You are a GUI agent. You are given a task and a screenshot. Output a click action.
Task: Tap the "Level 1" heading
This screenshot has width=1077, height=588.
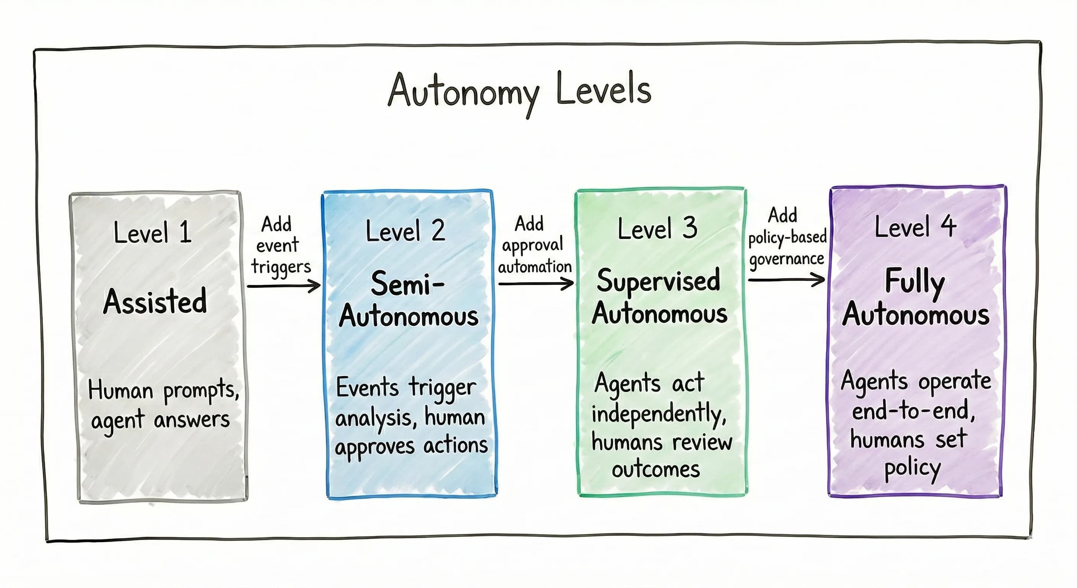coord(153,233)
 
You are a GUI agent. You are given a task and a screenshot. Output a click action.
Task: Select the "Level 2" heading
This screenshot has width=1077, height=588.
coord(405,230)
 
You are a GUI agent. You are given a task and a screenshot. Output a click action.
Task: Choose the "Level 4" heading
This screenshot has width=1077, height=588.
coord(915,226)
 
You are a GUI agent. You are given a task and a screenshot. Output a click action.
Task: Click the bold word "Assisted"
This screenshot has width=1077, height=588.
coord(155,301)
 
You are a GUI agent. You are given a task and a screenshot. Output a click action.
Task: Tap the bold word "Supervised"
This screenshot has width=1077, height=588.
coord(659,280)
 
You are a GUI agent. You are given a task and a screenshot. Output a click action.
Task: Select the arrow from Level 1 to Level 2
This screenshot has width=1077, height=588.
coord(283,286)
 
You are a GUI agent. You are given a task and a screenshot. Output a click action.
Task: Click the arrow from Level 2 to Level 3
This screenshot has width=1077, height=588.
coord(536,284)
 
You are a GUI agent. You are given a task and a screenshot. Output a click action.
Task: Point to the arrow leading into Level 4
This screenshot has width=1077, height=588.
coord(786,279)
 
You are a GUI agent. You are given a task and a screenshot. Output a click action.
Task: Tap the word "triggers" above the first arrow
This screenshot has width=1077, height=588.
coord(281,267)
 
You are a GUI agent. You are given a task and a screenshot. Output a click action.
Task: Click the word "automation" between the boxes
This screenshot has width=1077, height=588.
coord(535,266)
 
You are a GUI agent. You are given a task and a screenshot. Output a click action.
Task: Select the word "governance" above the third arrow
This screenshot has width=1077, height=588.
coord(786,259)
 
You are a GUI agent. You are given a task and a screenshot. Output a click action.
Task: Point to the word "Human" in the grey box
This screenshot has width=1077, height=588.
coord(120,390)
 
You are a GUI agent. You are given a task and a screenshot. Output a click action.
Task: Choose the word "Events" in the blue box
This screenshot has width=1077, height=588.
coord(367,387)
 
